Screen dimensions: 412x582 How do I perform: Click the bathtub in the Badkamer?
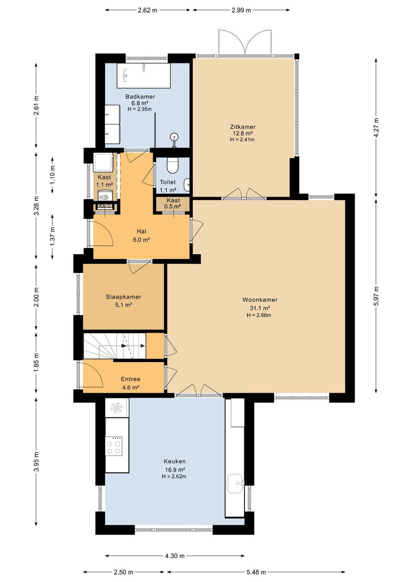(143, 76)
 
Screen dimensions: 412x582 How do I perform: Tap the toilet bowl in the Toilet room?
(172, 166)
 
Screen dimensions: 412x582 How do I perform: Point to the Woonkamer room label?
(260, 300)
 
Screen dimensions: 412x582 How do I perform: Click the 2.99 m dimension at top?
(241, 10)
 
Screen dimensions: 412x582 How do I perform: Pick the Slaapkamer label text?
(124, 297)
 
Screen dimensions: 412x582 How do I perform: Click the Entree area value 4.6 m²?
(130, 387)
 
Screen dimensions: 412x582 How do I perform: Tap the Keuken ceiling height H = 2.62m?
(174, 476)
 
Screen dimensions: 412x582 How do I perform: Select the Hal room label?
(142, 231)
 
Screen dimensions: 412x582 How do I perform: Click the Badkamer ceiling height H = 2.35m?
(140, 109)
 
